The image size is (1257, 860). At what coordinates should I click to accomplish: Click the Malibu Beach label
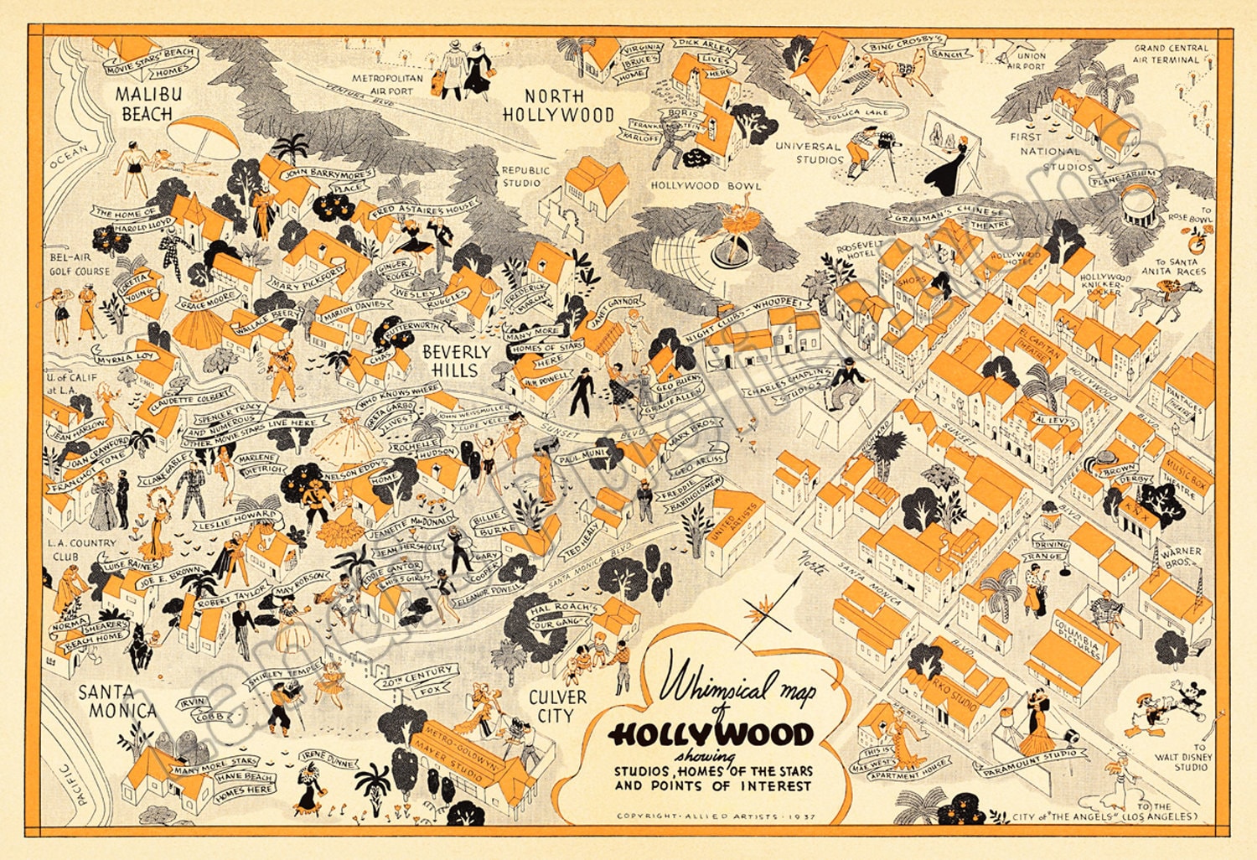click(148, 103)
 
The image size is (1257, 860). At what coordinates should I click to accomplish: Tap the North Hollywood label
click(557, 106)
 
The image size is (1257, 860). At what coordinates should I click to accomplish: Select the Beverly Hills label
click(456, 360)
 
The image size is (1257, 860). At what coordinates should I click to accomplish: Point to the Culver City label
click(556, 706)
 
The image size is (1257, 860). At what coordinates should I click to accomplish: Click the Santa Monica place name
click(117, 702)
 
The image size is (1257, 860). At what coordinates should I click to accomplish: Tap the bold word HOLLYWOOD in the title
click(711, 735)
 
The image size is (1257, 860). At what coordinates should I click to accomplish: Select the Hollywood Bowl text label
click(706, 185)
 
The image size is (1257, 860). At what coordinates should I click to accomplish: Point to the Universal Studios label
click(808, 152)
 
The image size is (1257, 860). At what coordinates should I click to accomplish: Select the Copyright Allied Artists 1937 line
click(716, 816)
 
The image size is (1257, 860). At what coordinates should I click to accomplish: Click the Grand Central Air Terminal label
click(1172, 54)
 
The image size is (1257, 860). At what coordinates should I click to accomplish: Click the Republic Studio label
click(525, 176)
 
